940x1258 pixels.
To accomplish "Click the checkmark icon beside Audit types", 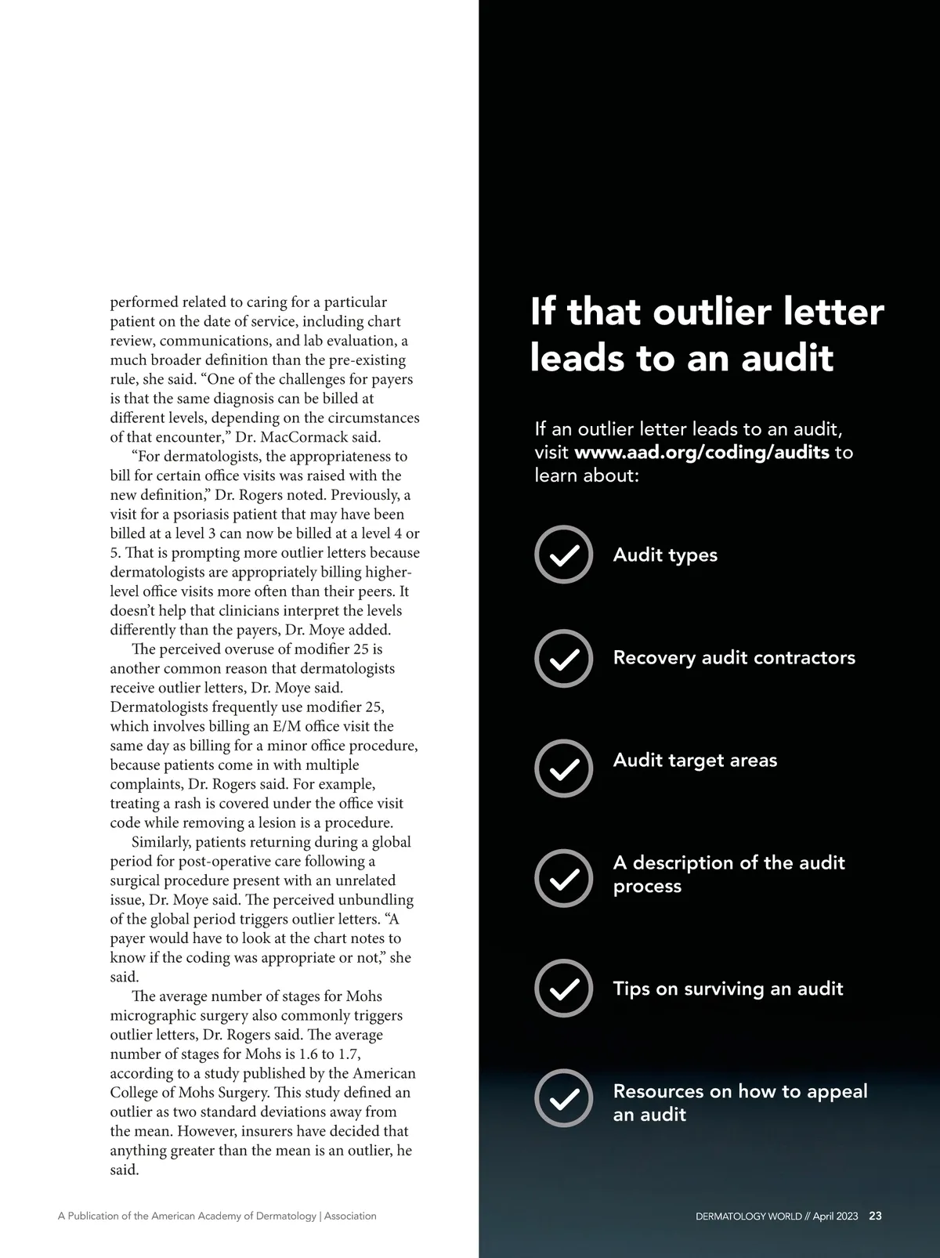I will click(x=563, y=555).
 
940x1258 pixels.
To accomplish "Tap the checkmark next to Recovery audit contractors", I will click(x=563, y=658).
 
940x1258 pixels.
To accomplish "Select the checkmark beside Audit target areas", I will click(x=563, y=768).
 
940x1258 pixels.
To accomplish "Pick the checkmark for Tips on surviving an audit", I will click(x=563, y=988).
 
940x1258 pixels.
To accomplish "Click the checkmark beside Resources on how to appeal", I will click(x=563, y=1097).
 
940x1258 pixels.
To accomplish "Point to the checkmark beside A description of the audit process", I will click(x=563, y=878).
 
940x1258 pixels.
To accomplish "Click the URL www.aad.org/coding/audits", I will click(x=702, y=453).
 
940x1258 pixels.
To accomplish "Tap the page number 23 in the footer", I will click(x=876, y=1216).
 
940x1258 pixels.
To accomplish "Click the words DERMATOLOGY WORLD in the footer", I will click(x=748, y=1216).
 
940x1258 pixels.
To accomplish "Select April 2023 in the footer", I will click(x=835, y=1216).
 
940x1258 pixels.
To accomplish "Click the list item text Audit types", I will click(x=665, y=555).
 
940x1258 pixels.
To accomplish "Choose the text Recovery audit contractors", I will click(x=734, y=658).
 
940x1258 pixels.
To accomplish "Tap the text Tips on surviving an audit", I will click(x=728, y=989).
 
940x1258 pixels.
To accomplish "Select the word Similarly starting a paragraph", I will click(x=161, y=843).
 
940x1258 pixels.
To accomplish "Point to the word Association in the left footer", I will click(x=350, y=1216).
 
